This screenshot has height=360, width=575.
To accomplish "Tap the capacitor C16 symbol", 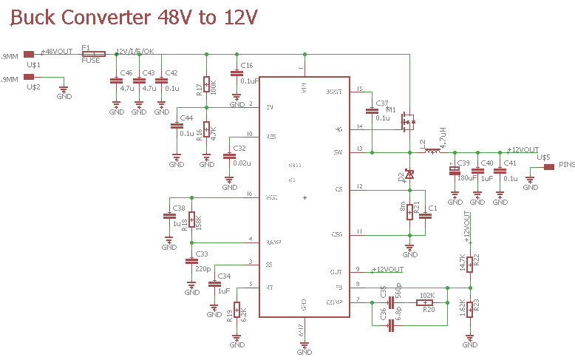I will [x=236, y=74].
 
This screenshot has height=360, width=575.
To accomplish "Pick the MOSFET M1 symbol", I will [x=407, y=120].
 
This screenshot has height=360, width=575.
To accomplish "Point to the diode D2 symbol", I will [x=409, y=174].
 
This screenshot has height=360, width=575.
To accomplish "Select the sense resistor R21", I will [x=409, y=211].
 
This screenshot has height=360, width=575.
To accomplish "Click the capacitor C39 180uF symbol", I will [x=455, y=171].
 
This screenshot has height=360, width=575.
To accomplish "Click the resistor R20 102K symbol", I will [x=427, y=302].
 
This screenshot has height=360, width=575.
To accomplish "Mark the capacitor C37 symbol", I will [x=372, y=112].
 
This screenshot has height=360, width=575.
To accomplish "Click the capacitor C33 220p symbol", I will [x=192, y=260].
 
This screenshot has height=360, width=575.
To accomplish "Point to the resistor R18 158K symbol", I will [x=192, y=220].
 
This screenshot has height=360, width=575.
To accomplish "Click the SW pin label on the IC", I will [x=339, y=152].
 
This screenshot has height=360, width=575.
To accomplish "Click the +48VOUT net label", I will [x=57, y=52].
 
